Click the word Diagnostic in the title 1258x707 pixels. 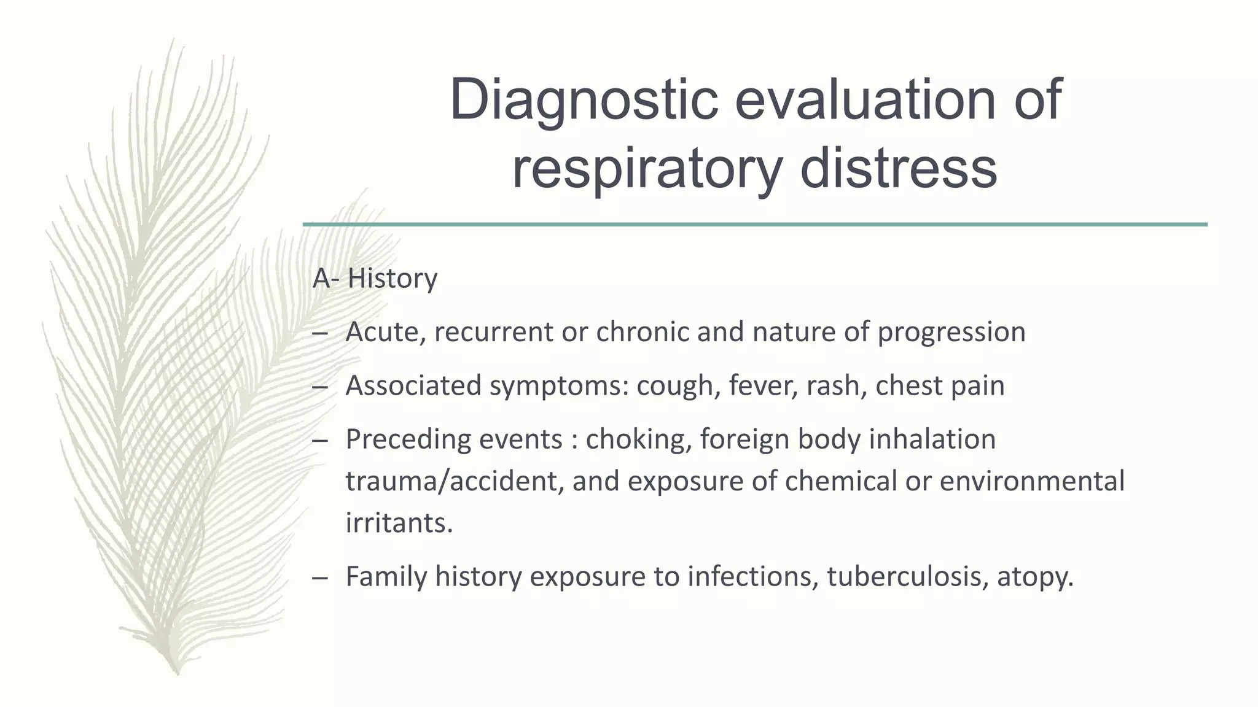point(584,100)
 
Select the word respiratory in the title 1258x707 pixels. point(647,169)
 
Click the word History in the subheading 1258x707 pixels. point(393,279)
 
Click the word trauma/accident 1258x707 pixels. point(454,481)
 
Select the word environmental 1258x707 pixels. point(1032,481)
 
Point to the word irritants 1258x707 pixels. point(399,523)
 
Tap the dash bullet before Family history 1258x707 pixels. point(320,578)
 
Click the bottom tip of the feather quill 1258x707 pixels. point(176,673)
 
